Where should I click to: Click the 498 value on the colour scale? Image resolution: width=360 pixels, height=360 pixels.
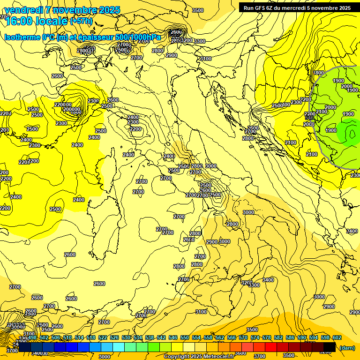pyautogui.click(x=32, y=337)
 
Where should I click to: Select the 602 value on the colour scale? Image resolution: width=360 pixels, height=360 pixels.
pyautogui.click(x=337, y=337)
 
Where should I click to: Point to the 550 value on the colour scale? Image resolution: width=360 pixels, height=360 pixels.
pyautogui.click(x=185, y=337)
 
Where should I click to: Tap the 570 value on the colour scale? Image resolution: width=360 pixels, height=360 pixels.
pyautogui.click(x=243, y=337)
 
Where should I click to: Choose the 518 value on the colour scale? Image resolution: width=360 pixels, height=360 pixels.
pyautogui.click(x=91, y=337)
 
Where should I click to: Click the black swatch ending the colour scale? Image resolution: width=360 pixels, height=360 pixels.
pyautogui.click(x=330, y=347)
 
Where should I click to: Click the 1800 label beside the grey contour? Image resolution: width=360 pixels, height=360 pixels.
pyautogui.click(x=319, y=73)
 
